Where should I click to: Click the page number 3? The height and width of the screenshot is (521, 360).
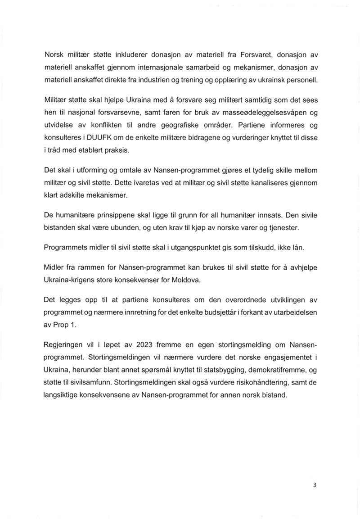point(315,485)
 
